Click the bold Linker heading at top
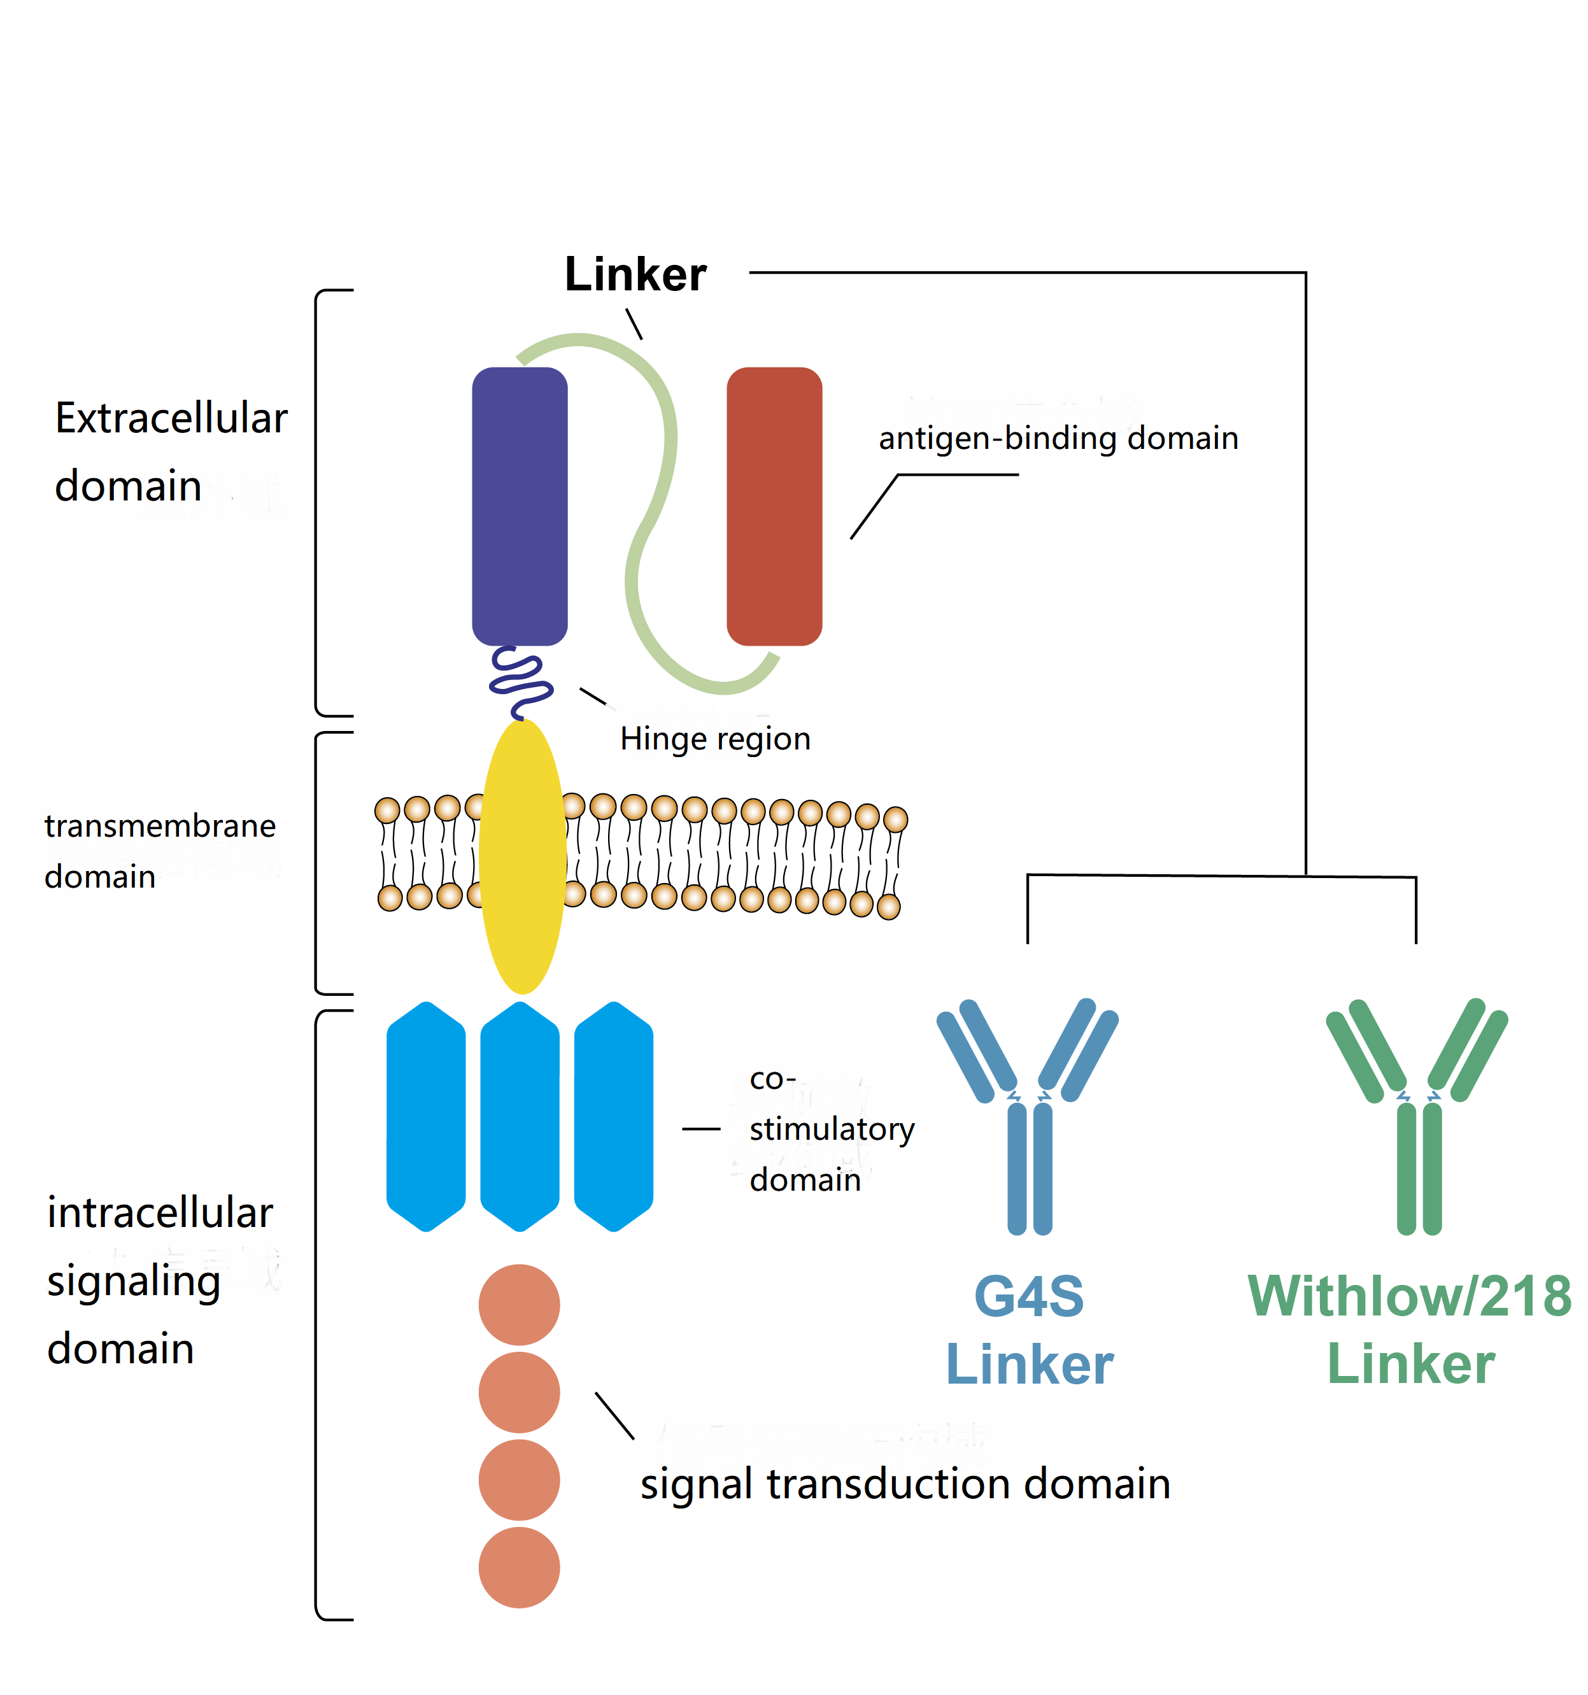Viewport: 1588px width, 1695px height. [635, 274]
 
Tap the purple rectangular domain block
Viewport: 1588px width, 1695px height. [519, 506]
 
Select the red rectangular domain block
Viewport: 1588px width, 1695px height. [773, 506]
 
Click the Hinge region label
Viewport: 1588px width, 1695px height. [714, 739]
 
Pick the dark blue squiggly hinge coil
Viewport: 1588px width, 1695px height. [519, 681]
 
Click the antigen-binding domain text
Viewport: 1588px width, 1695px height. [1058, 438]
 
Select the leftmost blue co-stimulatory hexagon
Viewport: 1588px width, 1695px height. [425, 1116]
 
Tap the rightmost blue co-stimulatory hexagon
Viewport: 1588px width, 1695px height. [613, 1116]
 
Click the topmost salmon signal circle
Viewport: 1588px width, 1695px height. [518, 1305]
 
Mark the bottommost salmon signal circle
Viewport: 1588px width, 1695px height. [518, 1567]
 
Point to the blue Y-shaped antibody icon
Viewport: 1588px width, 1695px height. [1028, 1117]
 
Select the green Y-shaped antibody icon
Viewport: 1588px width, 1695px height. [1417, 1117]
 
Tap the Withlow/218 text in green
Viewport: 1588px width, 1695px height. [1409, 1297]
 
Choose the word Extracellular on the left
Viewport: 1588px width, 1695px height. [171, 418]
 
